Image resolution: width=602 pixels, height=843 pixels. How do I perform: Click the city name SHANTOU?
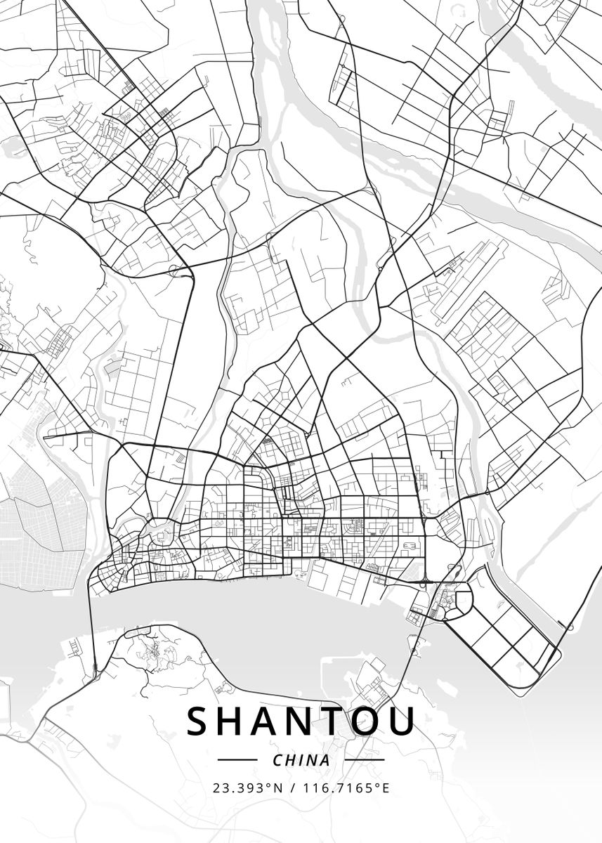(301, 721)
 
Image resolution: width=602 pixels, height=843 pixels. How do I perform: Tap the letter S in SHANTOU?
(199, 721)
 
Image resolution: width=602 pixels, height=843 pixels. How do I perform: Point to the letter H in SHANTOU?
(235, 721)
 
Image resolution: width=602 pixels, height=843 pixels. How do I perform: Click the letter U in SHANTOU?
(402, 721)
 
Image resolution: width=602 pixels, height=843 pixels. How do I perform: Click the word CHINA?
(301, 760)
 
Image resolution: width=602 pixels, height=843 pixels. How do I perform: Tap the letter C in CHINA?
(277, 760)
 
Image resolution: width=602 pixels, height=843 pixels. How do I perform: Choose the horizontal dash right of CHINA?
(365, 760)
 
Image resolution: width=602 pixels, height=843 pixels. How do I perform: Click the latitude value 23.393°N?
(248, 788)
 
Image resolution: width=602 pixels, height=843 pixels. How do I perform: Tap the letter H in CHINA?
(291, 760)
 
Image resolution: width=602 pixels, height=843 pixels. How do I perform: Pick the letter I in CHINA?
(301, 760)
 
